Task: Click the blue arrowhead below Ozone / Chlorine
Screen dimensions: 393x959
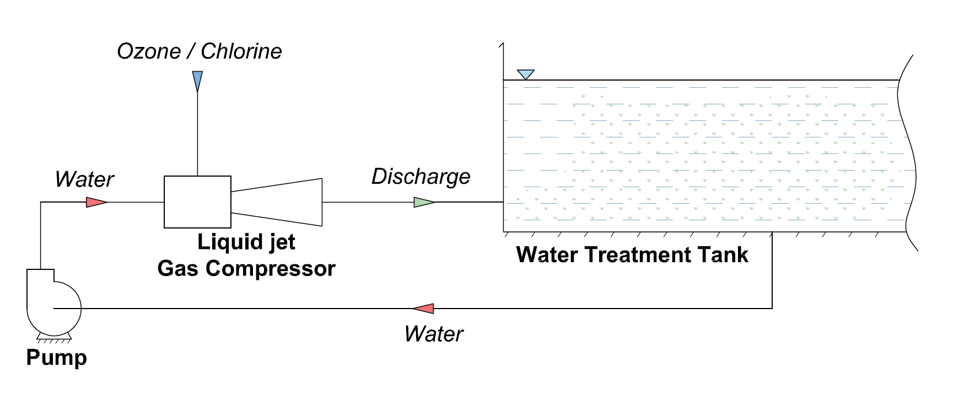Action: tap(197, 79)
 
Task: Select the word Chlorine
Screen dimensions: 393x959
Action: tap(241, 51)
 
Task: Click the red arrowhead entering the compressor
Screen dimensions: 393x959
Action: tap(95, 203)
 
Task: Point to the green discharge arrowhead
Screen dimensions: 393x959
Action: tap(423, 203)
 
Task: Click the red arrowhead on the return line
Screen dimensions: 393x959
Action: tap(424, 309)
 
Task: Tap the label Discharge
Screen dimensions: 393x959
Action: tap(421, 177)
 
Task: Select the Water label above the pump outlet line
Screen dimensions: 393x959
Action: tap(84, 179)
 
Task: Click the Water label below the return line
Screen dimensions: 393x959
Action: tap(433, 334)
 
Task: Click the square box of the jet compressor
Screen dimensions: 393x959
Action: tap(197, 202)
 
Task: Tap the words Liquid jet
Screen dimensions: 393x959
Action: tap(246, 242)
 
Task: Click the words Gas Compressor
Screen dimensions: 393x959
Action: tap(246, 269)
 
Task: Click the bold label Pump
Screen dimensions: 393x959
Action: tap(56, 358)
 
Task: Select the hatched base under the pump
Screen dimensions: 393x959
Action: tap(54, 338)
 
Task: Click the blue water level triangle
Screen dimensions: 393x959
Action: tap(526, 74)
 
